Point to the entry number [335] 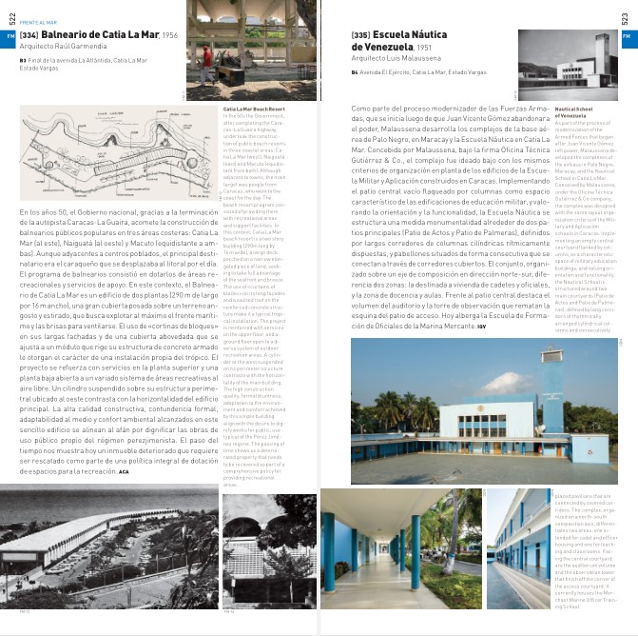point(360,35)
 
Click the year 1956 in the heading point(170,36)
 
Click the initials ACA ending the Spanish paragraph point(123,471)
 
